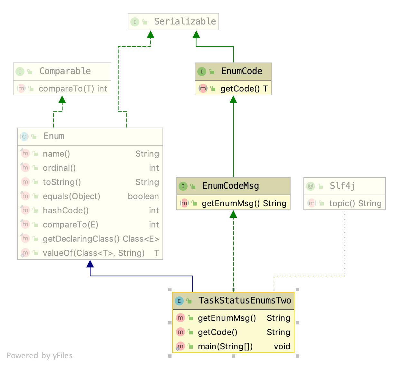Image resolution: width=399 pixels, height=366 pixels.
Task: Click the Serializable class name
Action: coord(185,22)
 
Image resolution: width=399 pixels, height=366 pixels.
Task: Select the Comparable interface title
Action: coord(65,71)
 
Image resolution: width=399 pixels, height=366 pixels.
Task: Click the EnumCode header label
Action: coord(241,71)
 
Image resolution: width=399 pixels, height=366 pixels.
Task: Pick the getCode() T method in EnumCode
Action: coord(244,89)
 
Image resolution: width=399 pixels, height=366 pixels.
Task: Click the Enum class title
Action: coord(54,136)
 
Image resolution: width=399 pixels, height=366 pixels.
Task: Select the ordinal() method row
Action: coord(59,168)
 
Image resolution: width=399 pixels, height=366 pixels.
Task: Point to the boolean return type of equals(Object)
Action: coord(143,196)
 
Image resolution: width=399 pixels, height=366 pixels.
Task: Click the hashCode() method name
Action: coord(66,210)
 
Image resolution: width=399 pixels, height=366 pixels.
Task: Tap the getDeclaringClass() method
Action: coord(81,239)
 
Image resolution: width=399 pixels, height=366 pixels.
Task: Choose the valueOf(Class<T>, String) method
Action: coord(94,253)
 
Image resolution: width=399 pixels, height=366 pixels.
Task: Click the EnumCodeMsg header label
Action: coord(230,186)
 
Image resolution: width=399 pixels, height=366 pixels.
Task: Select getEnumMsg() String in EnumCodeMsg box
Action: coord(244,203)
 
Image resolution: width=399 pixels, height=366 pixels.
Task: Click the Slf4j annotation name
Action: coord(342,186)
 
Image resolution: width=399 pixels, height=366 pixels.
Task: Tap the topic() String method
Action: coord(355,203)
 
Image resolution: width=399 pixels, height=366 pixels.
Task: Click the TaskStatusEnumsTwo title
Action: coord(245,301)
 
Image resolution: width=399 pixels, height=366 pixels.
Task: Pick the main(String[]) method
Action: coord(225,346)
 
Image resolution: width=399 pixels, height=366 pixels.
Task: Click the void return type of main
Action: coord(282,346)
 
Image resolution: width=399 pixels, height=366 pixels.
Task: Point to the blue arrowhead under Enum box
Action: coord(90,264)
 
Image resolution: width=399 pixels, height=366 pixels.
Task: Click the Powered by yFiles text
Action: coord(40,356)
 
